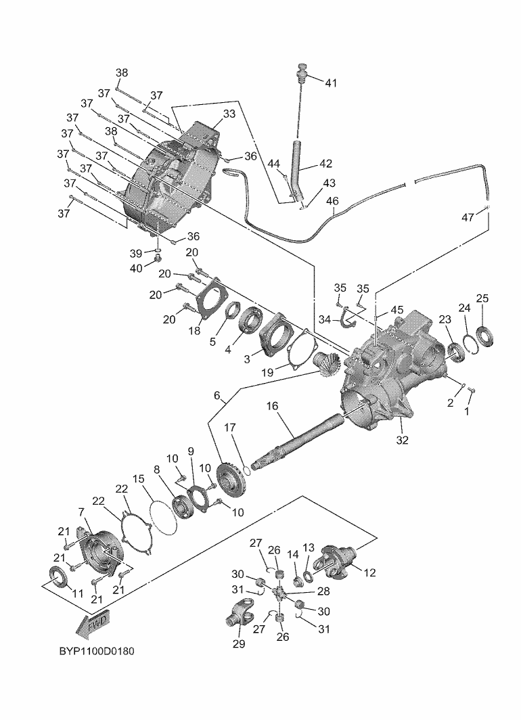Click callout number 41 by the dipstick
click(x=331, y=83)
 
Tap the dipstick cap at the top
click(x=303, y=68)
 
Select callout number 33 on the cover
click(x=229, y=114)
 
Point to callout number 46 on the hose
click(x=332, y=201)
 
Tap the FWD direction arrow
click(x=94, y=625)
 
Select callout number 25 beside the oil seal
click(x=482, y=298)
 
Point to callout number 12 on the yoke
click(x=369, y=572)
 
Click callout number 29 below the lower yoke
click(x=239, y=644)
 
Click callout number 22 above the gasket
click(x=122, y=489)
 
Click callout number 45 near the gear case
click(x=397, y=311)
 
